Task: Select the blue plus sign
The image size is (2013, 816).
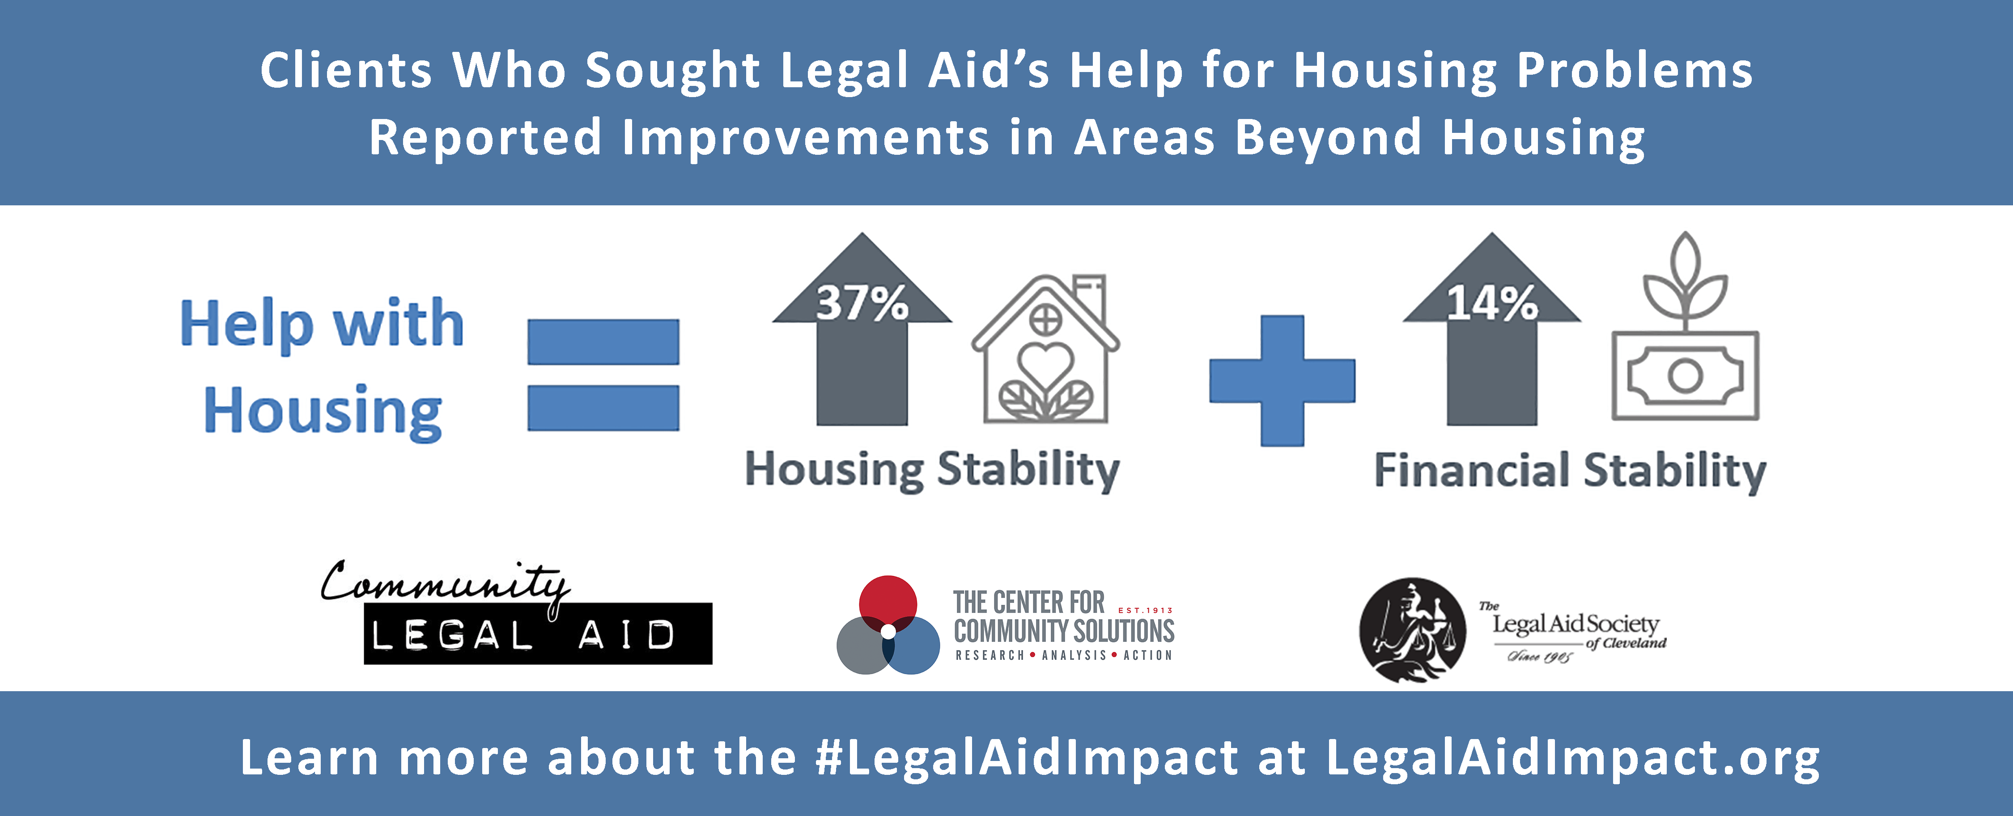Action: [1283, 381]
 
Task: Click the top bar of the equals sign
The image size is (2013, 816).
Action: [603, 341]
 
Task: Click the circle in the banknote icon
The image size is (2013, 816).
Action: [1686, 376]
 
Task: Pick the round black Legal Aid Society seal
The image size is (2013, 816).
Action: [1413, 630]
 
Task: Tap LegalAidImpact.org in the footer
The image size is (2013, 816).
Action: [1573, 758]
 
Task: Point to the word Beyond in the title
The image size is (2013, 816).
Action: [1329, 138]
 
